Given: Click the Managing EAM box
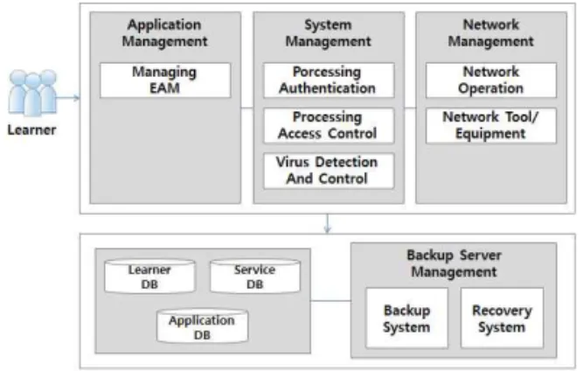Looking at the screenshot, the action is click(x=165, y=80).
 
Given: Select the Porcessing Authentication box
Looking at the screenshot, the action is click(x=329, y=80).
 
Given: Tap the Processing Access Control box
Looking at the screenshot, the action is click(x=329, y=126).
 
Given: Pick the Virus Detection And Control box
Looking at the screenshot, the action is click(x=329, y=171).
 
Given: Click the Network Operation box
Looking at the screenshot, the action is click(x=491, y=80).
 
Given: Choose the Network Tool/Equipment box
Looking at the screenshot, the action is click(x=491, y=126).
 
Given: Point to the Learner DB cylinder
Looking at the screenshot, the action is click(x=149, y=276).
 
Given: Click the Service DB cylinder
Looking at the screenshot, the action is click(x=255, y=276).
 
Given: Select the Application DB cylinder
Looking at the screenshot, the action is click(x=202, y=326).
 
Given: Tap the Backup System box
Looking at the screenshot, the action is click(x=406, y=318).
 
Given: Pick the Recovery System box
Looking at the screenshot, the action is click(x=502, y=318).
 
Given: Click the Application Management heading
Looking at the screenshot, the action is click(x=164, y=32).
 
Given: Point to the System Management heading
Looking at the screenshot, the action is click(x=329, y=32).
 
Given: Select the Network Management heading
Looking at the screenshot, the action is click(x=491, y=32).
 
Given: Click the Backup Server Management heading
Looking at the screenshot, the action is click(x=454, y=263).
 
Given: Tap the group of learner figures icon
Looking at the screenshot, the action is click(x=32, y=92).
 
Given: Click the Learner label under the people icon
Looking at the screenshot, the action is click(x=32, y=129).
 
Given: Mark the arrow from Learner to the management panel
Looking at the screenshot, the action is click(x=68, y=98).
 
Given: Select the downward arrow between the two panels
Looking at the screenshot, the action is click(x=328, y=224).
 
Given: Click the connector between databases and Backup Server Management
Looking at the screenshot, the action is click(x=330, y=301).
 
